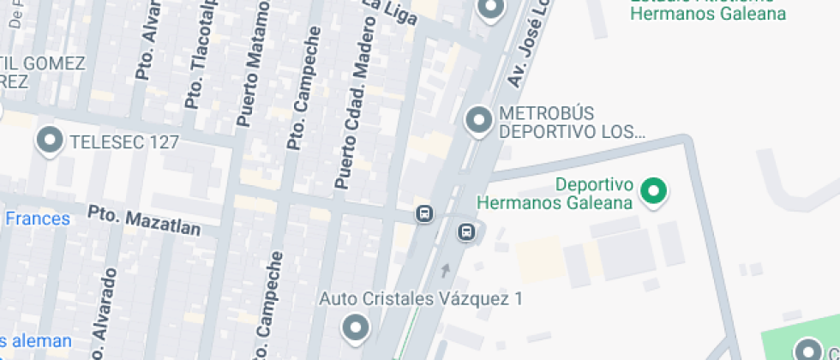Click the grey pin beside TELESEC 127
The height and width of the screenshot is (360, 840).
51,141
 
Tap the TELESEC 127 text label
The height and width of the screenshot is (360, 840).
124,141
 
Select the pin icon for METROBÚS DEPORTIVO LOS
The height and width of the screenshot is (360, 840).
478,120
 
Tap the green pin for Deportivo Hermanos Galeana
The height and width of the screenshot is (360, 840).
655,191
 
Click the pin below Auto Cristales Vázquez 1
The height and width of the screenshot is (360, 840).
355,327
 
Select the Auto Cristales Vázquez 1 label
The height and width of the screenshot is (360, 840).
421,299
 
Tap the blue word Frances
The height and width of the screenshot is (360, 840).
37,219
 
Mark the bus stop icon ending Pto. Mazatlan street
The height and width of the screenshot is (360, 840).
423,213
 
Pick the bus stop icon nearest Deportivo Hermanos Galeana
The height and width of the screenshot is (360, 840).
465,231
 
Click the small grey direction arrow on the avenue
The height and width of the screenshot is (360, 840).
444,271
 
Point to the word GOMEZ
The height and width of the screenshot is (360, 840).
53,63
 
